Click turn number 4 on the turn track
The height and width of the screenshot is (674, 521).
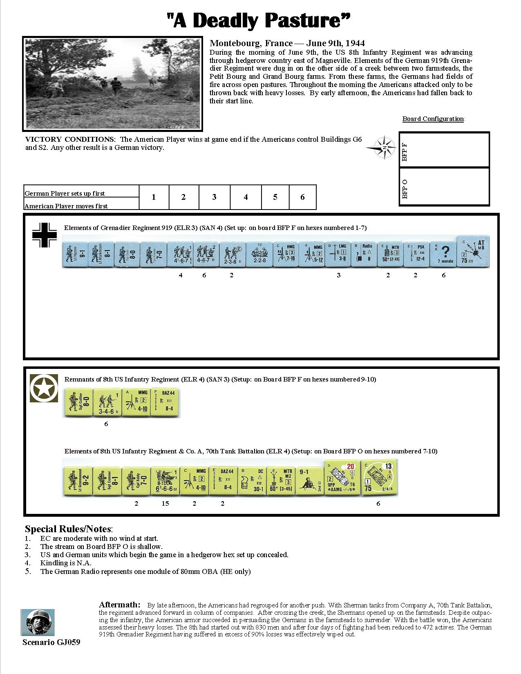[246, 197]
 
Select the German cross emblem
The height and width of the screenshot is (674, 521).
[45, 235]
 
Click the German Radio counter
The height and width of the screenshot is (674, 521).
[364, 254]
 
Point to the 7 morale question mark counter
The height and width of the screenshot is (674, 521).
[443, 254]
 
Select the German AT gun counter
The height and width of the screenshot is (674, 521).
[472, 251]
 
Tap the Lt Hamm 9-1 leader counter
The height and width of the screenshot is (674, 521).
[75, 254]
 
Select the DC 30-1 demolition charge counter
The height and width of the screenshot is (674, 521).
[251, 482]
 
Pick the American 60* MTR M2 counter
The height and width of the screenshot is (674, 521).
[280, 482]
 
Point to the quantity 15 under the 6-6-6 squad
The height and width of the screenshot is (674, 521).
[165, 503]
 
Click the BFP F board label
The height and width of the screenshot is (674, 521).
[405, 152]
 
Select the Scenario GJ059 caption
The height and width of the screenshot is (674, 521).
[51, 643]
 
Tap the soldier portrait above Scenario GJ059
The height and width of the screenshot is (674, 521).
[38, 623]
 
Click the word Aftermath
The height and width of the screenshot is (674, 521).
[119, 605]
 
